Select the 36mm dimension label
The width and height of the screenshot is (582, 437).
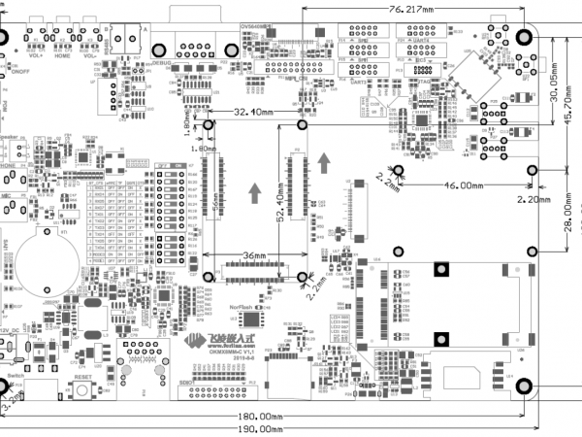(x=254, y=256)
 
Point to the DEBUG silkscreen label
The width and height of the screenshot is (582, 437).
(x=161, y=62)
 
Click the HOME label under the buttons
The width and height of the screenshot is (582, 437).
(x=63, y=56)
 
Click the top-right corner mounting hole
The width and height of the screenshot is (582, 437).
(x=525, y=37)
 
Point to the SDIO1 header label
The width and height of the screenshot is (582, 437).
(x=189, y=383)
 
